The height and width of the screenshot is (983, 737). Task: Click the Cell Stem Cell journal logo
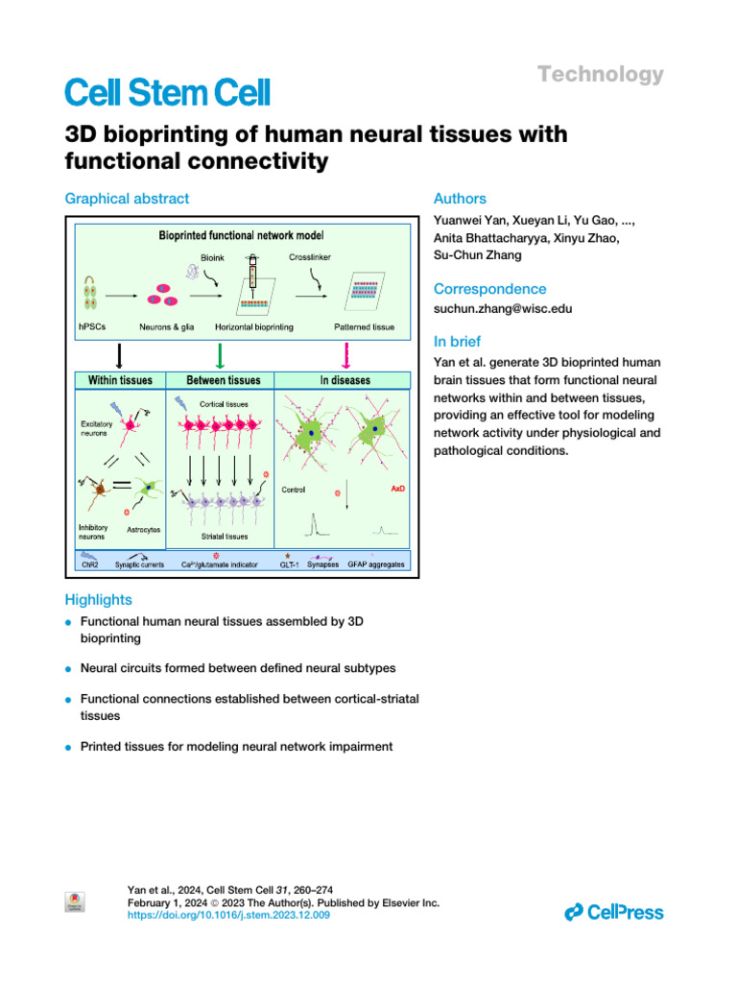tap(167, 92)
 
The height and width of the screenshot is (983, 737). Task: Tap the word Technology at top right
tap(600, 75)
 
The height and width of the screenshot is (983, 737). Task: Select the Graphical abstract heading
tap(127, 199)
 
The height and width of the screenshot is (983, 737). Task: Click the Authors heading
tap(460, 199)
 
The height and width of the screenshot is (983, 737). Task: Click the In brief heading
tap(457, 342)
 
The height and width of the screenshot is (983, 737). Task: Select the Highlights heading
tap(98, 599)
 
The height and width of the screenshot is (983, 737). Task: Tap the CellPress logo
tap(614, 912)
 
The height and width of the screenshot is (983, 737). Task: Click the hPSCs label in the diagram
tap(94, 328)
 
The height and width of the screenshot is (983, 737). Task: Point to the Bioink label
tap(212, 257)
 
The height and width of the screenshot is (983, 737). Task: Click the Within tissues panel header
tap(120, 380)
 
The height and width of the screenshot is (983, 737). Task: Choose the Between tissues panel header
tap(221, 380)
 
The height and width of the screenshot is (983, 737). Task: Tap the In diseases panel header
tap(345, 380)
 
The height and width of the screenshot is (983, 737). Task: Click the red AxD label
tap(397, 489)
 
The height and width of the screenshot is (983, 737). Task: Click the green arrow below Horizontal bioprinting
tap(221, 355)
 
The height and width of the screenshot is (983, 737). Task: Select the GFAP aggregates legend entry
tap(375, 564)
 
